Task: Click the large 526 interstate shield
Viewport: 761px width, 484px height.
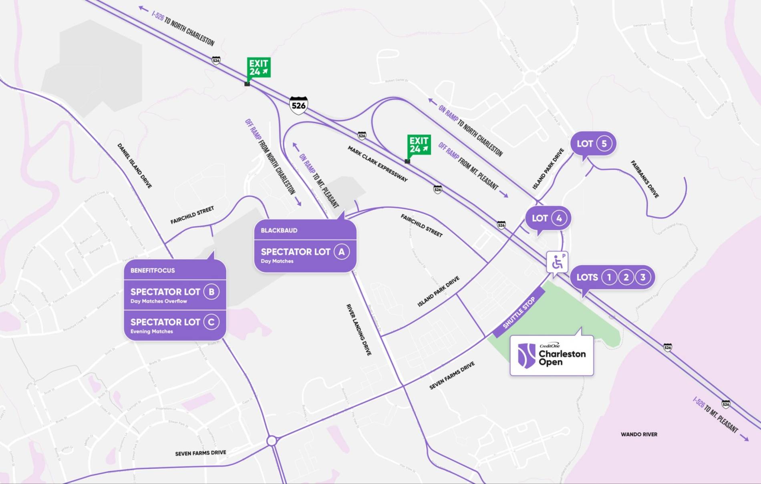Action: [x=298, y=105]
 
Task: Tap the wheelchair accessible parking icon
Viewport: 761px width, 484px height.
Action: [x=557, y=262]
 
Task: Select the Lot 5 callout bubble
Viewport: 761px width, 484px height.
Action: [x=593, y=144]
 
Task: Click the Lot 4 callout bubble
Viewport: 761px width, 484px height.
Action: [x=548, y=218]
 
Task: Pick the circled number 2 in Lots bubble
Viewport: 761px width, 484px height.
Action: [x=626, y=277]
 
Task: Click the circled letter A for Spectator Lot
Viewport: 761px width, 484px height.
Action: [x=342, y=252]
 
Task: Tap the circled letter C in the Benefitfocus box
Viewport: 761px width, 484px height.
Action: [x=211, y=322]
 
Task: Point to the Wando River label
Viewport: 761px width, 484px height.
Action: [x=639, y=434]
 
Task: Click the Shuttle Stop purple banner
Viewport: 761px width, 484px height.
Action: [x=519, y=312]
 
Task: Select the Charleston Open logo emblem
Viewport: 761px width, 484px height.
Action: [x=526, y=355]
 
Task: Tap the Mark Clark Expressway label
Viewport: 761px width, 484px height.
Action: [x=377, y=164]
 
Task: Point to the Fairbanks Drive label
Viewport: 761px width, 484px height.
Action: [x=645, y=179]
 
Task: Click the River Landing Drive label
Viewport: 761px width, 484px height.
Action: [x=359, y=329]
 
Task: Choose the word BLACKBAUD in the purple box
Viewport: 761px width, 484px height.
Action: [x=279, y=231]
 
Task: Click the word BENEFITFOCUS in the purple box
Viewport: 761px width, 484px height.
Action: [x=153, y=271]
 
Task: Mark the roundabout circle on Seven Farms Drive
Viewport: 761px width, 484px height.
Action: [x=272, y=441]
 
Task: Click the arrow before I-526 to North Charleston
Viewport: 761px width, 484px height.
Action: [x=143, y=8]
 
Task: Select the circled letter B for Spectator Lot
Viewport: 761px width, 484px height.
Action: [x=211, y=292]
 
